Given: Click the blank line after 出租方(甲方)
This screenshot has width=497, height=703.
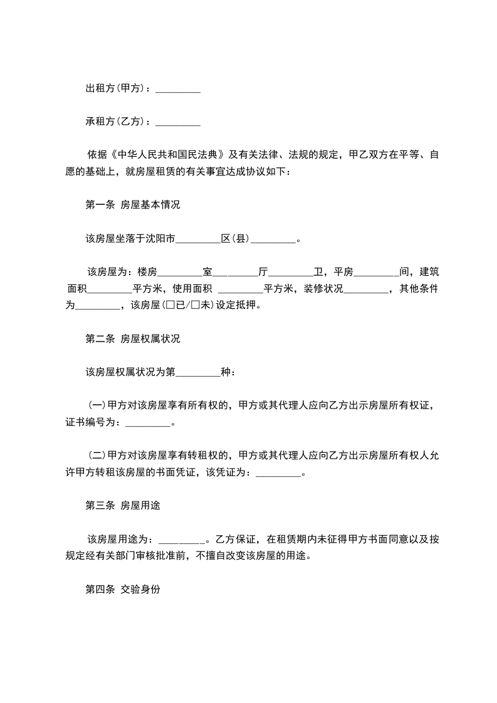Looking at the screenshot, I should pyautogui.click(x=177, y=90).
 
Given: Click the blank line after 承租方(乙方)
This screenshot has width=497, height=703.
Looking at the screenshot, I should pyautogui.click(x=177, y=122).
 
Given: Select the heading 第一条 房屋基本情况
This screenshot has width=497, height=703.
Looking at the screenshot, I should pyautogui.click(x=132, y=205).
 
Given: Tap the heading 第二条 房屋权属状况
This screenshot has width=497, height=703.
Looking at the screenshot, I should pyautogui.click(x=132, y=338).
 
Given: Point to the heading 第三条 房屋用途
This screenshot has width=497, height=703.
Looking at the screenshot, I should pyautogui.click(x=122, y=506).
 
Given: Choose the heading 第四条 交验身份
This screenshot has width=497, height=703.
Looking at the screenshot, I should pyautogui.click(x=122, y=590).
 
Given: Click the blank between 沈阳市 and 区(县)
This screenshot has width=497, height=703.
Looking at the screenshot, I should pyautogui.click(x=199, y=239).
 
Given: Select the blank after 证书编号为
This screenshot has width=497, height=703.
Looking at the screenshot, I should pyautogui.click(x=148, y=423).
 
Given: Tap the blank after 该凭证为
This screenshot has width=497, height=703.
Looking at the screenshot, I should pyautogui.click(x=279, y=473).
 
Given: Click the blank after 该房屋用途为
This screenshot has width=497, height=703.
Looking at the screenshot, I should pyautogui.click(x=182, y=539).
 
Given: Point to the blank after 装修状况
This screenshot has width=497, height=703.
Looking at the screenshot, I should pyautogui.click(x=367, y=289).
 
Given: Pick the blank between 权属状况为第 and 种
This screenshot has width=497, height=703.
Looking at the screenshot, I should pyautogui.click(x=199, y=372).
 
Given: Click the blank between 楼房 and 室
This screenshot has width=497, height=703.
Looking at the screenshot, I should pyautogui.click(x=180, y=273).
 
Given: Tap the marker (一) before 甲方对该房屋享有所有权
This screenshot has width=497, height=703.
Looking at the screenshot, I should pyautogui.click(x=97, y=405).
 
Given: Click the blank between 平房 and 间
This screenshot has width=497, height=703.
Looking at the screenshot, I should pyautogui.click(x=376, y=273).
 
